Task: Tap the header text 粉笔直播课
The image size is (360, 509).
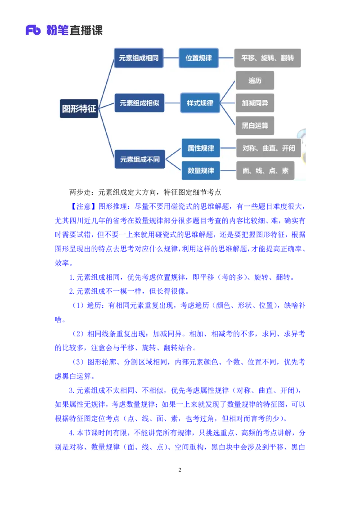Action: (x=75, y=31)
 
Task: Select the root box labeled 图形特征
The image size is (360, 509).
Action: (x=79, y=108)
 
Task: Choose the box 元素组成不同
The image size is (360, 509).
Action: (x=139, y=159)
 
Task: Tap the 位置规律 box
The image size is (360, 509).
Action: (x=198, y=58)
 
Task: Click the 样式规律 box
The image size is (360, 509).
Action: (x=200, y=103)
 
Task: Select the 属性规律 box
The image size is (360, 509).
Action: (x=201, y=148)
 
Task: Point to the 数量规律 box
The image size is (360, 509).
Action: (x=201, y=170)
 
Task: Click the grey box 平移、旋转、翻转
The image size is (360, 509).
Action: (x=267, y=58)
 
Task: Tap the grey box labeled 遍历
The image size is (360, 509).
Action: (x=255, y=80)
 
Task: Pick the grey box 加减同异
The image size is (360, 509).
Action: (x=255, y=103)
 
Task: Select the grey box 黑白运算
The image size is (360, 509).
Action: (x=255, y=125)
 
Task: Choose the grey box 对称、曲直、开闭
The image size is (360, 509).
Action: (x=269, y=148)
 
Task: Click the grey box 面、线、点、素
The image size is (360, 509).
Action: (x=265, y=170)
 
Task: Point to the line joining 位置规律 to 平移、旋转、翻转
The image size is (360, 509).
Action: (x=226, y=58)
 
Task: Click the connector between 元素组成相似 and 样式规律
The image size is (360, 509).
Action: (x=172, y=103)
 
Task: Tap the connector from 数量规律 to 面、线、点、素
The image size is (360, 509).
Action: (x=228, y=170)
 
